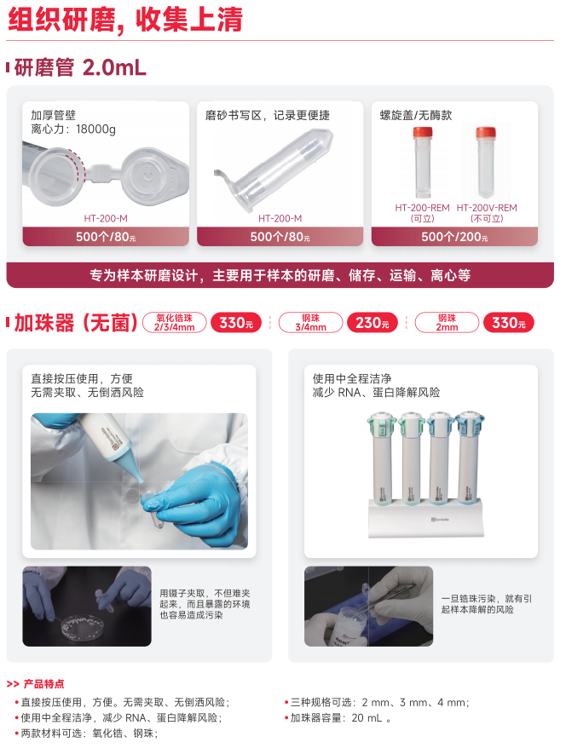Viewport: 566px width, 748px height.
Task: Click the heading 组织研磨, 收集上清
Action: (126, 20)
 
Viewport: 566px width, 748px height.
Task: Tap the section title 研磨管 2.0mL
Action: (80, 67)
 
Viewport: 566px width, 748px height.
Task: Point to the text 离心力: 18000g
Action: (73, 129)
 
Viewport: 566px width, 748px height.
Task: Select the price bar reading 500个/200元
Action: (454, 237)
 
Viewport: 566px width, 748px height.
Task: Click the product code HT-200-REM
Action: (422, 208)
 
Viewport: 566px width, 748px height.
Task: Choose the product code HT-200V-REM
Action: (487, 208)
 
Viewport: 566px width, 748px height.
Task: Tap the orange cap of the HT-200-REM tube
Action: (423, 133)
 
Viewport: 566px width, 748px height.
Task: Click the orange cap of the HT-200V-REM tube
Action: (486, 133)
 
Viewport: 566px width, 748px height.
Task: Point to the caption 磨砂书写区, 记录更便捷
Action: (268, 116)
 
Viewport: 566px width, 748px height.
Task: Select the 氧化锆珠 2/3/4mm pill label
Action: (174, 323)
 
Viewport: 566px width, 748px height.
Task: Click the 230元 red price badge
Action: (373, 323)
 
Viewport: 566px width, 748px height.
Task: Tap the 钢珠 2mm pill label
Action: (447, 323)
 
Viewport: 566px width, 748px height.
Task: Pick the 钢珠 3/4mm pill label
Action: (310, 323)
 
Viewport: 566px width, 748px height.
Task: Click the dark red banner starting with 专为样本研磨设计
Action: (280, 275)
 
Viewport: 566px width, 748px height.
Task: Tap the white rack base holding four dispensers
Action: (425, 519)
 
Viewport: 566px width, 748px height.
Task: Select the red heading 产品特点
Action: (43, 684)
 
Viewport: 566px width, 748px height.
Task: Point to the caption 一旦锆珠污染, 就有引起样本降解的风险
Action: (487, 604)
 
